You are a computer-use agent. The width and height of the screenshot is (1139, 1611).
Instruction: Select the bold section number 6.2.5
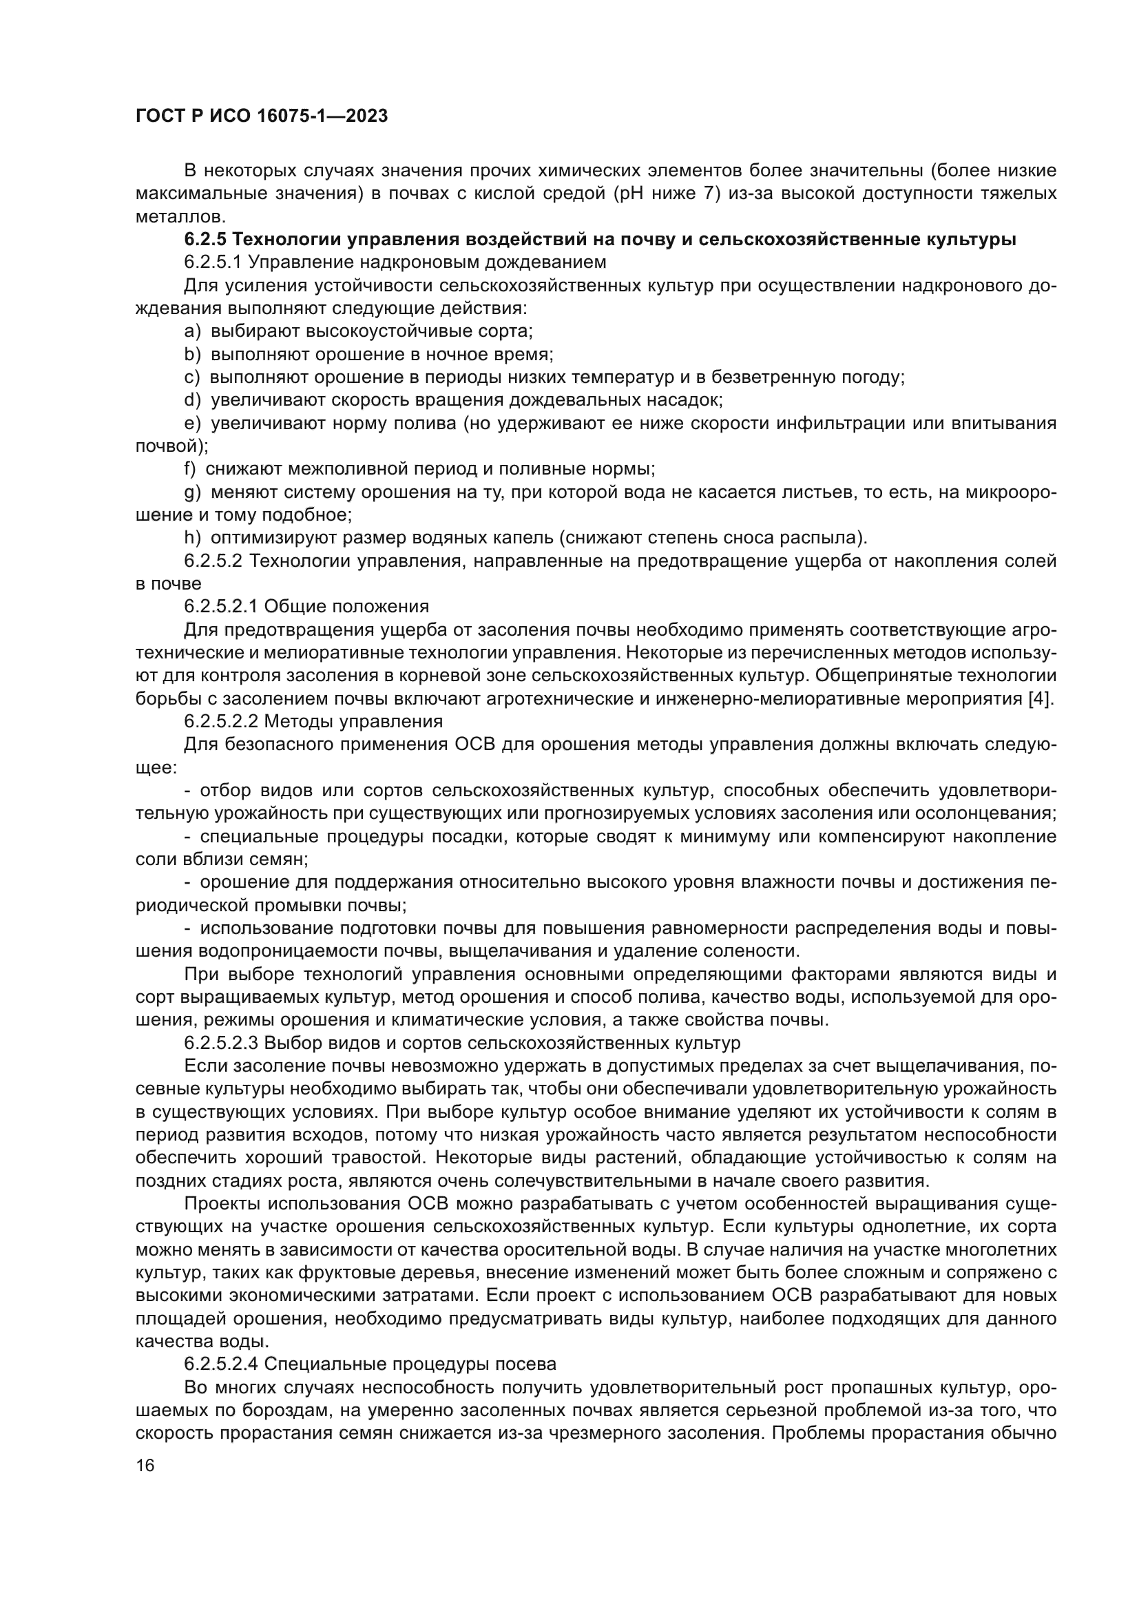pyautogui.click(x=205, y=239)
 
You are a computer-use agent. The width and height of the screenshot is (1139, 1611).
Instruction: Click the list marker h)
pyautogui.click(x=192, y=538)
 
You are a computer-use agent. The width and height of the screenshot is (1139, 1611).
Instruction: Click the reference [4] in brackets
pyautogui.click(x=1041, y=699)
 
